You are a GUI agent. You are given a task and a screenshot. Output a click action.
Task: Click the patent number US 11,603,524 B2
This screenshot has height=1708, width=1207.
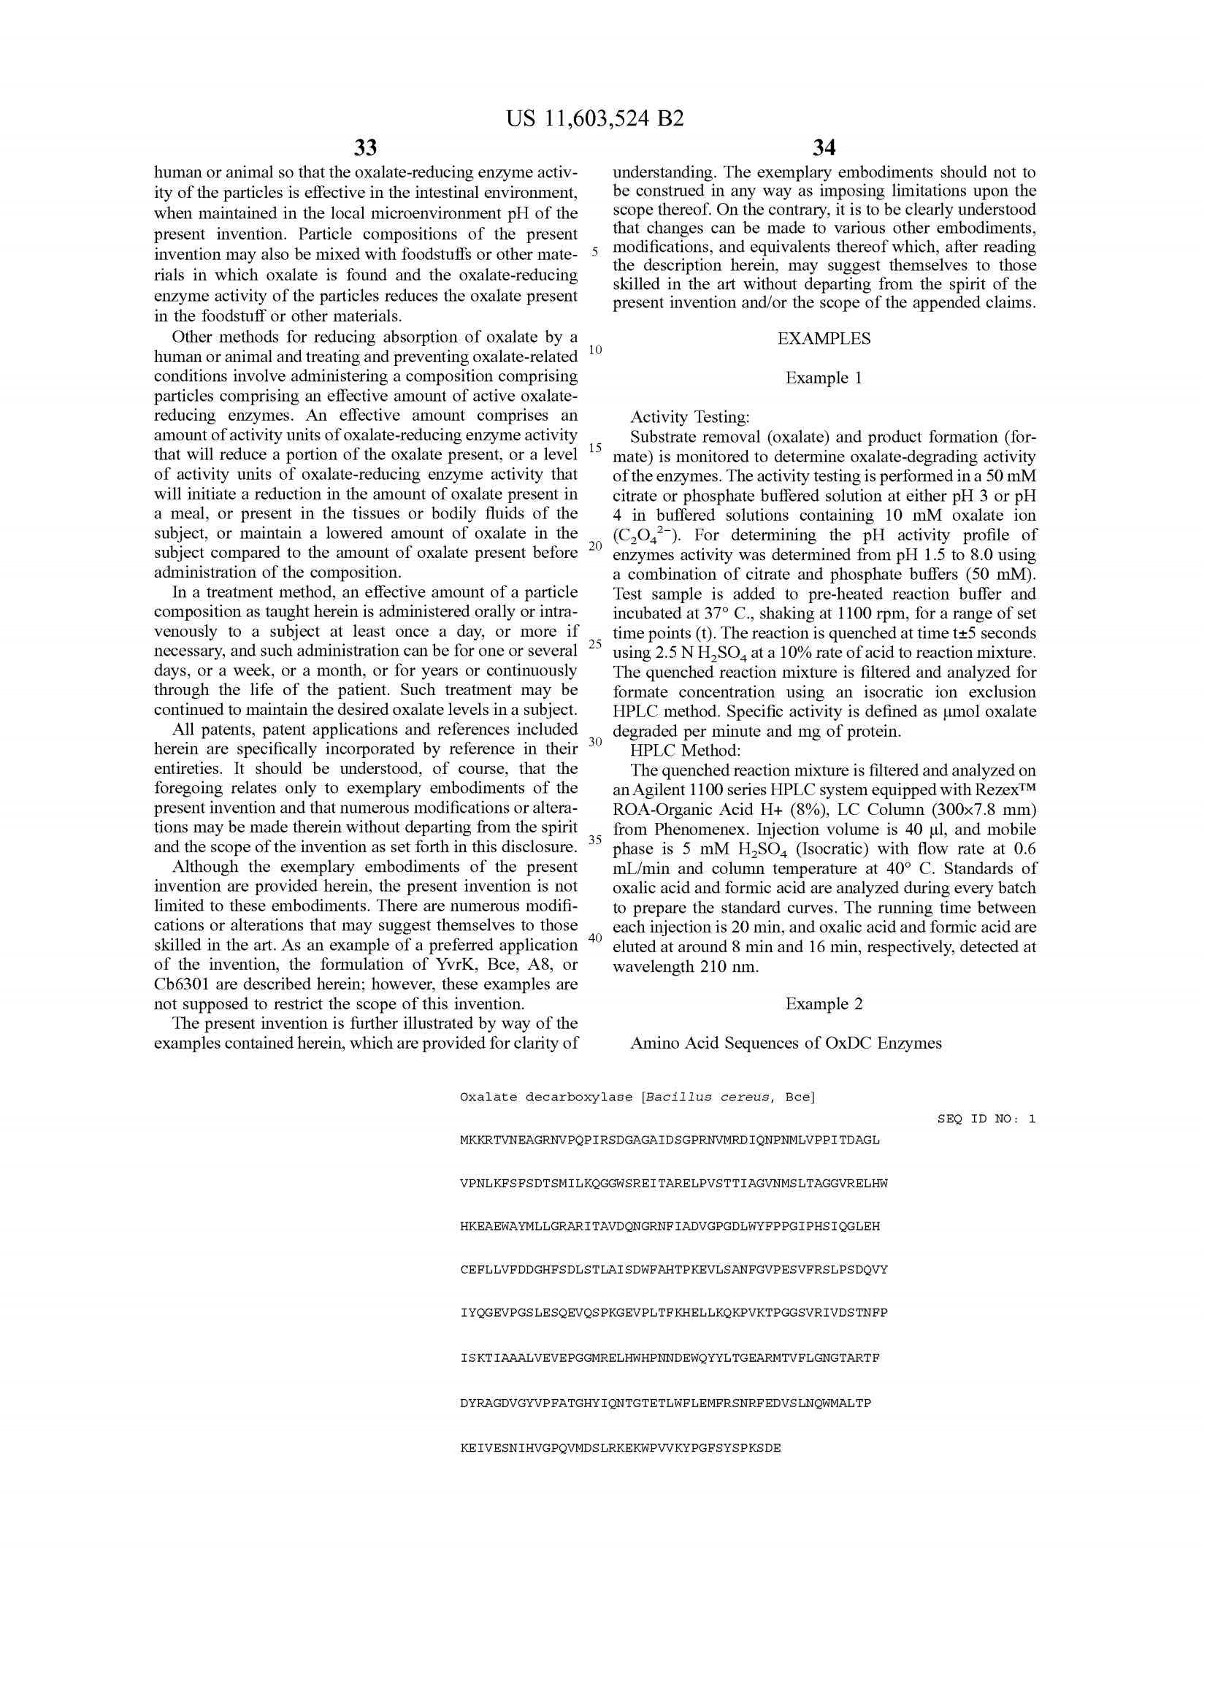coord(595,119)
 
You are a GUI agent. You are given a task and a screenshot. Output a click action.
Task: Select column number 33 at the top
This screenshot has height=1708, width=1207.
coord(365,148)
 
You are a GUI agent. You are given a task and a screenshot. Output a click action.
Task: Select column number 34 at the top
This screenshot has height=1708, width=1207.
coord(824,148)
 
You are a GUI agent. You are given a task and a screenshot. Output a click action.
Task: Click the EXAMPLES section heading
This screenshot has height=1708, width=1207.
coord(824,339)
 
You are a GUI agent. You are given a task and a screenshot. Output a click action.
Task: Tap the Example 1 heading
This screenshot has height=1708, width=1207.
coord(824,378)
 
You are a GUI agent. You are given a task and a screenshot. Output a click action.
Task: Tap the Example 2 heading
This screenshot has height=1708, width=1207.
coord(824,1003)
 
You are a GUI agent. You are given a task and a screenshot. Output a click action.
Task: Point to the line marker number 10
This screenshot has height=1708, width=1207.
coord(595,350)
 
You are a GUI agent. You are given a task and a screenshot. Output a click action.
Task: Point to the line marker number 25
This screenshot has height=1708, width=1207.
coord(595,643)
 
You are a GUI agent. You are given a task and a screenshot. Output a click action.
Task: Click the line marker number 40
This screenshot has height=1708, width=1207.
coord(595,938)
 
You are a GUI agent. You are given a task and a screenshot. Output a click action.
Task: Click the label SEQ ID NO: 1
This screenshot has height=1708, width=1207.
coord(986,1119)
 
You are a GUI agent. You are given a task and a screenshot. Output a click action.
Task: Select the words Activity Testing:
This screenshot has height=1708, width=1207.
coord(689,418)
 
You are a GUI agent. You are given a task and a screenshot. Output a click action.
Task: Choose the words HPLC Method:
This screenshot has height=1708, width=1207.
coord(685,751)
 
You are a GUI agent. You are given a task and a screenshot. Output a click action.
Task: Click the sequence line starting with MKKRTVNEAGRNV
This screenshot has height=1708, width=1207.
coord(670,1141)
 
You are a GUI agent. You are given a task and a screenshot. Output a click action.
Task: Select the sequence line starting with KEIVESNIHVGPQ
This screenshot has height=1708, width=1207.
coord(620,1448)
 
